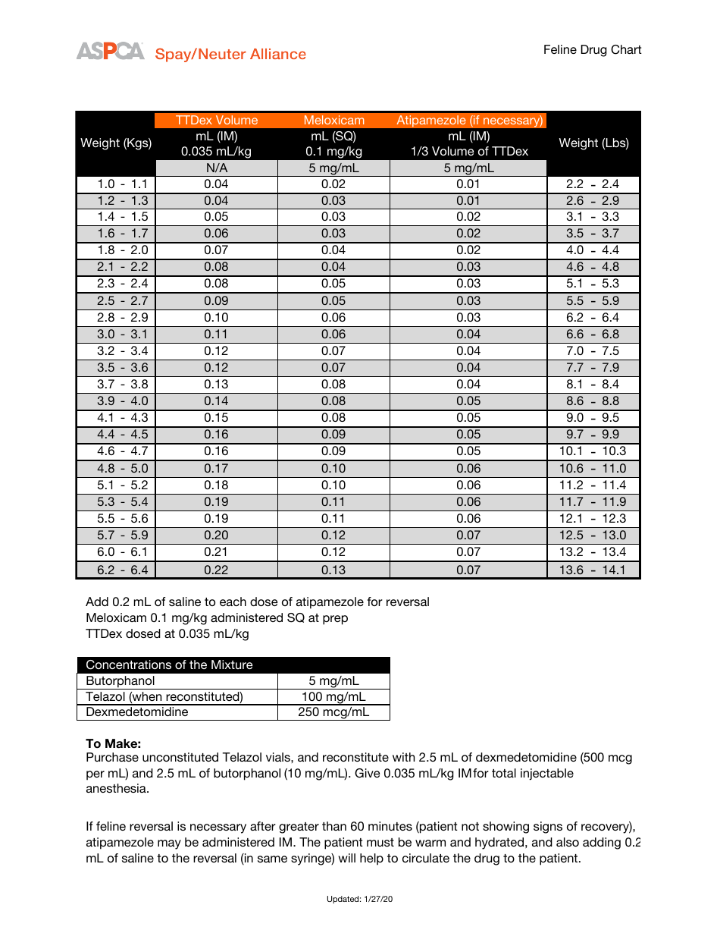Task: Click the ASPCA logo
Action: coord(110,52)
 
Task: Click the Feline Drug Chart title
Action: coord(592,50)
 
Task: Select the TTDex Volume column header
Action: coord(216,120)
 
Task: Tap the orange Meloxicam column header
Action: coord(333,120)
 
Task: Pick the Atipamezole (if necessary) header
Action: coord(469,120)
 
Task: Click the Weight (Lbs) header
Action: coord(593,143)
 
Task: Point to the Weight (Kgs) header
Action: coord(116,143)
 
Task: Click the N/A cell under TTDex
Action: coord(216,168)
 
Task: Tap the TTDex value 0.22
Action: coord(216,570)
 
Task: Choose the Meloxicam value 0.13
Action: coord(333,570)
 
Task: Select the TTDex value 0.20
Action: coord(216,536)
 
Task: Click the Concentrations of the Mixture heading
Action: coord(169,664)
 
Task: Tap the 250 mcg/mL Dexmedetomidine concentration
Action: coord(333,712)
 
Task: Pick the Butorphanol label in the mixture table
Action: coord(121,680)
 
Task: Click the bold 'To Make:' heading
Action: coord(114,743)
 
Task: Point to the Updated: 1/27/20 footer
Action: coord(359,899)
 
